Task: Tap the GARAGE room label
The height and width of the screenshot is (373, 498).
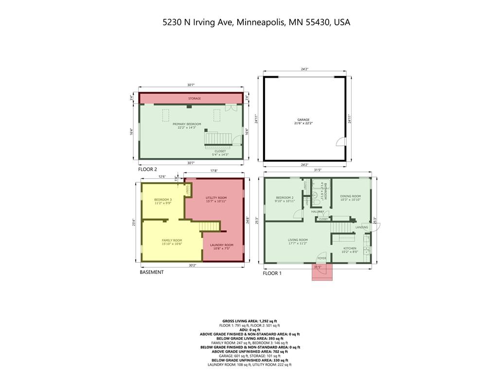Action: point(303,119)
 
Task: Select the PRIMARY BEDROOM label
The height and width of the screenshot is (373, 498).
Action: point(187,124)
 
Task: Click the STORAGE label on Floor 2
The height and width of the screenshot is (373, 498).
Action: point(195,99)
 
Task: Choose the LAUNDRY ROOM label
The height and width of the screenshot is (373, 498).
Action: point(222,245)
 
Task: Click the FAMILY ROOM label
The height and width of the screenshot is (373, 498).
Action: point(172,240)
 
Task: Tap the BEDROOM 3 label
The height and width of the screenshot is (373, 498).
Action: point(163,200)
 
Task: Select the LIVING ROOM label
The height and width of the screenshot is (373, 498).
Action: point(298,239)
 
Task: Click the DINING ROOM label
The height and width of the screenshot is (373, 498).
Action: point(350,196)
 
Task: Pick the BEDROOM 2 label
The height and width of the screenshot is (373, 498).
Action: point(285,198)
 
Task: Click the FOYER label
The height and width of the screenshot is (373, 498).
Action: point(322,258)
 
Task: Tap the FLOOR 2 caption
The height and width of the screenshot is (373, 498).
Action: point(148,170)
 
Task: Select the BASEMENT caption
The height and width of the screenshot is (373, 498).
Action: point(152,272)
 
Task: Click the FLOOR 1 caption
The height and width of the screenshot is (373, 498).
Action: point(272,273)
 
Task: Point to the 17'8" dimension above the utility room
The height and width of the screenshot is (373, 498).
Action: point(213,170)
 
